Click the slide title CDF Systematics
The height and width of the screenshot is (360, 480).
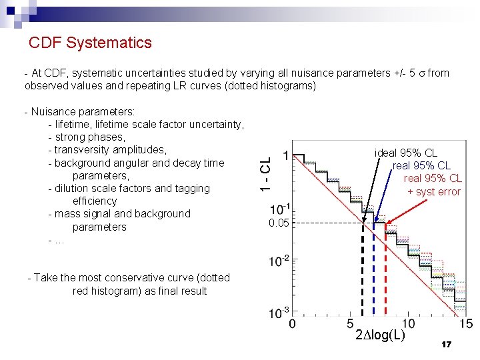click(x=90, y=43)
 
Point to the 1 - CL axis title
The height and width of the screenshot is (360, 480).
click(x=265, y=175)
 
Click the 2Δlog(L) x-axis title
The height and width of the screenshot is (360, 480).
click(x=381, y=335)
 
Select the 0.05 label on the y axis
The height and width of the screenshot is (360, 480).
click(x=279, y=223)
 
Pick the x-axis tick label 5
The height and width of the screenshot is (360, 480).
click(x=351, y=323)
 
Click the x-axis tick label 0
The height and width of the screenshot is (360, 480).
click(x=292, y=323)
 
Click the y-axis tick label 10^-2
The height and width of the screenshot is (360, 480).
click(x=279, y=260)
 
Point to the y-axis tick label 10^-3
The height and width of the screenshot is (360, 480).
click(x=279, y=311)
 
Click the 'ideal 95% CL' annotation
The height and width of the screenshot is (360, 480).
click(x=405, y=153)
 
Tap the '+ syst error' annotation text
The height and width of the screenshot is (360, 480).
click(x=433, y=192)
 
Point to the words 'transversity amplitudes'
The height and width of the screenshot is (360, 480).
click(x=110, y=150)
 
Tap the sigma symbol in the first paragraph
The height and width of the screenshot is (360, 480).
click(x=421, y=73)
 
